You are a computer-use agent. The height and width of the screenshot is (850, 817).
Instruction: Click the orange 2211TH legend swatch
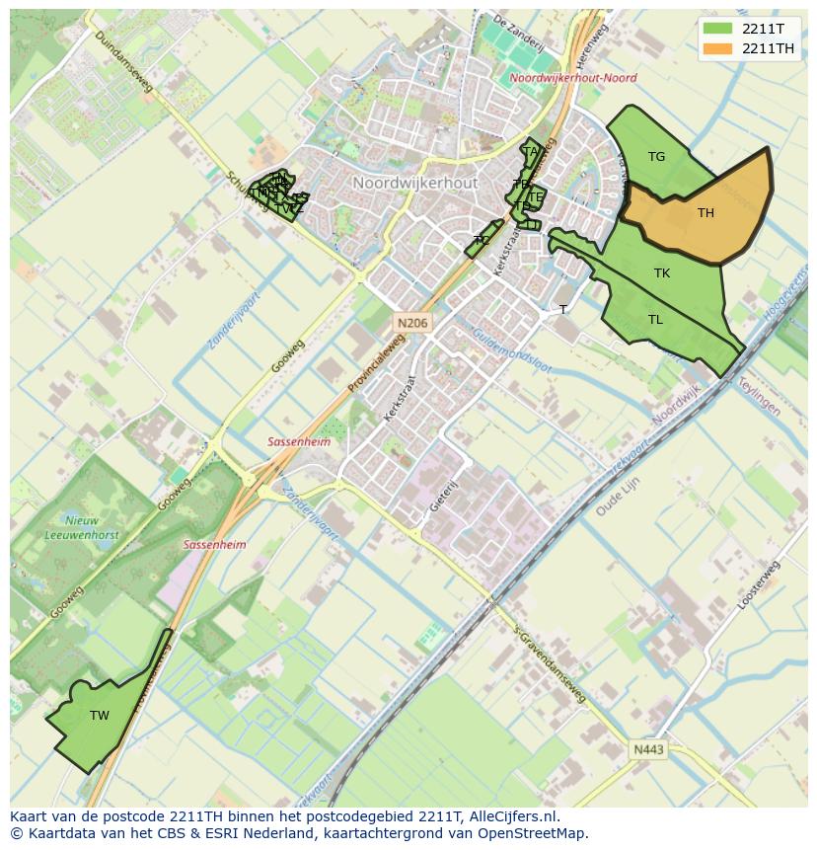click(718, 48)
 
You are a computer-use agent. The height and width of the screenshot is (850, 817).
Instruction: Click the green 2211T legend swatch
click(718, 29)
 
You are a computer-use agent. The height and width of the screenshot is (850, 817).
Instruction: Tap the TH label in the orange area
click(706, 213)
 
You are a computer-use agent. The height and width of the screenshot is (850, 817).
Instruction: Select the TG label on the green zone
click(656, 157)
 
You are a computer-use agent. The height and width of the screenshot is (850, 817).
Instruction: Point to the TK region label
click(661, 273)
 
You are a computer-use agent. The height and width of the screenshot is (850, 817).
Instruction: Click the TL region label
click(655, 320)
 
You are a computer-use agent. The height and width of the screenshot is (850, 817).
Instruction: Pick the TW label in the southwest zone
click(99, 716)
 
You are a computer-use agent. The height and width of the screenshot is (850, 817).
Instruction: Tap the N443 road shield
click(648, 750)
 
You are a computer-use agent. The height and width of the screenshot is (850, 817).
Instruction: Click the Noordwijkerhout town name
click(414, 184)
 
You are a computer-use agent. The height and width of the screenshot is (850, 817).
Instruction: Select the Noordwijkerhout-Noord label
click(573, 78)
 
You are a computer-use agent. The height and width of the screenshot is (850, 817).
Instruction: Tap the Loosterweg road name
click(758, 584)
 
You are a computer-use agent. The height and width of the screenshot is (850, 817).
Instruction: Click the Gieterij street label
click(445, 496)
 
